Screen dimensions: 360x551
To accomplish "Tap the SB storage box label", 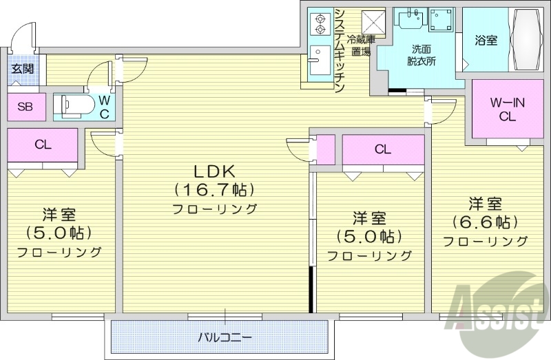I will pyautogui.click(x=25, y=106).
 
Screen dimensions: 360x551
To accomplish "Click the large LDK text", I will pyautogui.click(x=214, y=171).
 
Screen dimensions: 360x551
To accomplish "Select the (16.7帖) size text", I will pyautogui.click(x=214, y=189).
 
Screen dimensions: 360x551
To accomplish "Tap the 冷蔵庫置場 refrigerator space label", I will pyautogui.click(x=360, y=45).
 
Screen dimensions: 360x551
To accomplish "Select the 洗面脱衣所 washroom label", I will pyautogui.click(x=422, y=55).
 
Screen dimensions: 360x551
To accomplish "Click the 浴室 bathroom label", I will pyautogui.click(x=486, y=41).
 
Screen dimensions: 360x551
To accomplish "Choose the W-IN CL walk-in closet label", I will pyautogui.click(x=508, y=109).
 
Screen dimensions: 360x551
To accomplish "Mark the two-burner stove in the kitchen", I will pyautogui.click(x=319, y=24).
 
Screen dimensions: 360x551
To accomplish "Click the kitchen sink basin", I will pyautogui.click(x=318, y=60).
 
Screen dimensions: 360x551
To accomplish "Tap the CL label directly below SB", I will pyautogui.click(x=43, y=145).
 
